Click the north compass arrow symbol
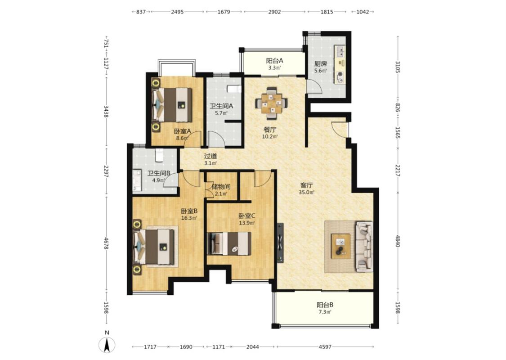click(107, 345)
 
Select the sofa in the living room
click(364, 246)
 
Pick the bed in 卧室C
click(229, 243)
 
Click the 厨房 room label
click(320, 63)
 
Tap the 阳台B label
click(325, 305)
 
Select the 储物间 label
click(221, 187)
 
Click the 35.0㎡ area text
click(307, 192)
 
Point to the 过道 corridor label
click(210, 156)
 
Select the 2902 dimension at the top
click(275, 12)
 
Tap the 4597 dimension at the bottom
click(325, 347)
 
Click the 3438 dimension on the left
click(106, 112)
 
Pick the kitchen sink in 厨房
click(340, 51)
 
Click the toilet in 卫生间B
click(159, 155)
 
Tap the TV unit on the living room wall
click(280, 243)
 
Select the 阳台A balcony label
click(275, 61)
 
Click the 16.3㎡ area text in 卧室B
click(189, 218)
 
